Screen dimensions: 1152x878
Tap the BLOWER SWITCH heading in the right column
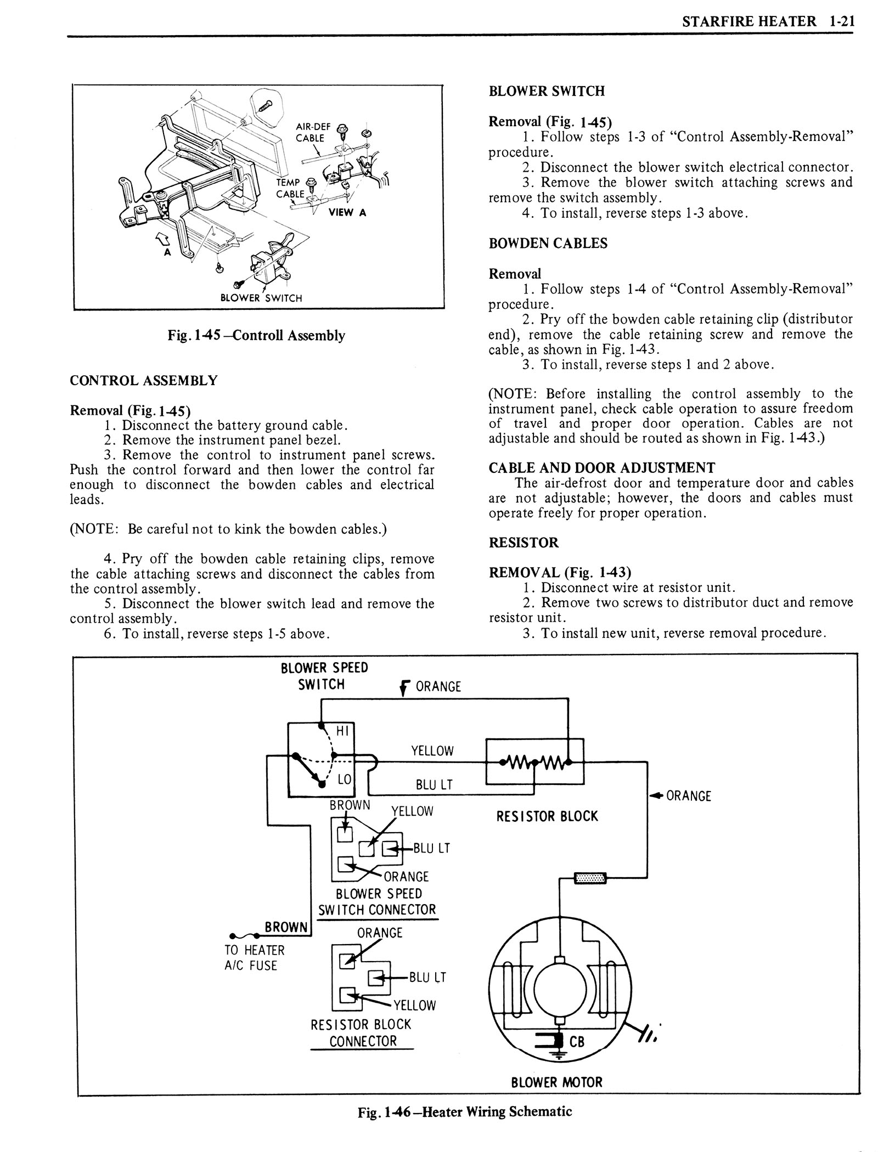(x=547, y=91)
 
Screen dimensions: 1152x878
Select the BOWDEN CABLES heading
(x=548, y=244)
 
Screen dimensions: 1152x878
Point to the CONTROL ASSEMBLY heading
(x=144, y=380)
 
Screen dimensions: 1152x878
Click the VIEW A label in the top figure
(x=347, y=213)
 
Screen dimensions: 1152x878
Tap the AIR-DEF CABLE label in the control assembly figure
(x=310, y=133)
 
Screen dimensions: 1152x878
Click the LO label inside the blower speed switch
(x=344, y=778)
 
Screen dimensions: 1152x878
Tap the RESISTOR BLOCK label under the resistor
(x=547, y=816)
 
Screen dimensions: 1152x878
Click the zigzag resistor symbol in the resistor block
(x=534, y=762)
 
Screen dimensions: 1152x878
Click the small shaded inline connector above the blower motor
(x=590, y=879)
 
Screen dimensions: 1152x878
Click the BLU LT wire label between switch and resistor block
(x=434, y=784)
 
